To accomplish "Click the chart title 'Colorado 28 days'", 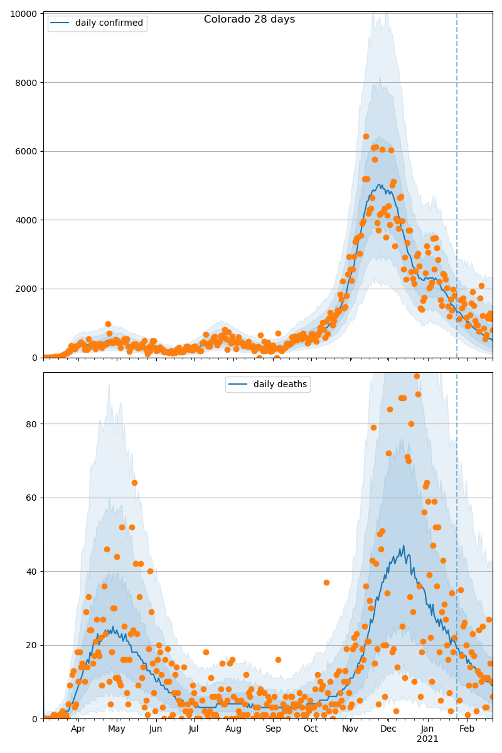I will click(x=249, y=19).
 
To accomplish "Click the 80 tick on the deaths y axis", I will click(x=31, y=424).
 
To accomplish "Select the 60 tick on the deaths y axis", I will click(x=31, y=498).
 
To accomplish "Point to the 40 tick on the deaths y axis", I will click(x=31, y=572).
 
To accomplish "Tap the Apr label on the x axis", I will click(x=78, y=729).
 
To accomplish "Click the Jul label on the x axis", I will click(x=194, y=729).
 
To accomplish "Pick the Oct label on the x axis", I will click(x=311, y=729).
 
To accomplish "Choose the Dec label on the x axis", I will click(x=388, y=729).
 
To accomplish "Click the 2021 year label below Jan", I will click(x=427, y=739).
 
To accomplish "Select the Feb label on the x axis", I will click(x=467, y=729).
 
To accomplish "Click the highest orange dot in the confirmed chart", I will click(x=366, y=136).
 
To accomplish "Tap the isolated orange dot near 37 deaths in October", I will click(x=326, y=582).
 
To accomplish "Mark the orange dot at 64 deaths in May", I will click(x=134, y=483).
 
